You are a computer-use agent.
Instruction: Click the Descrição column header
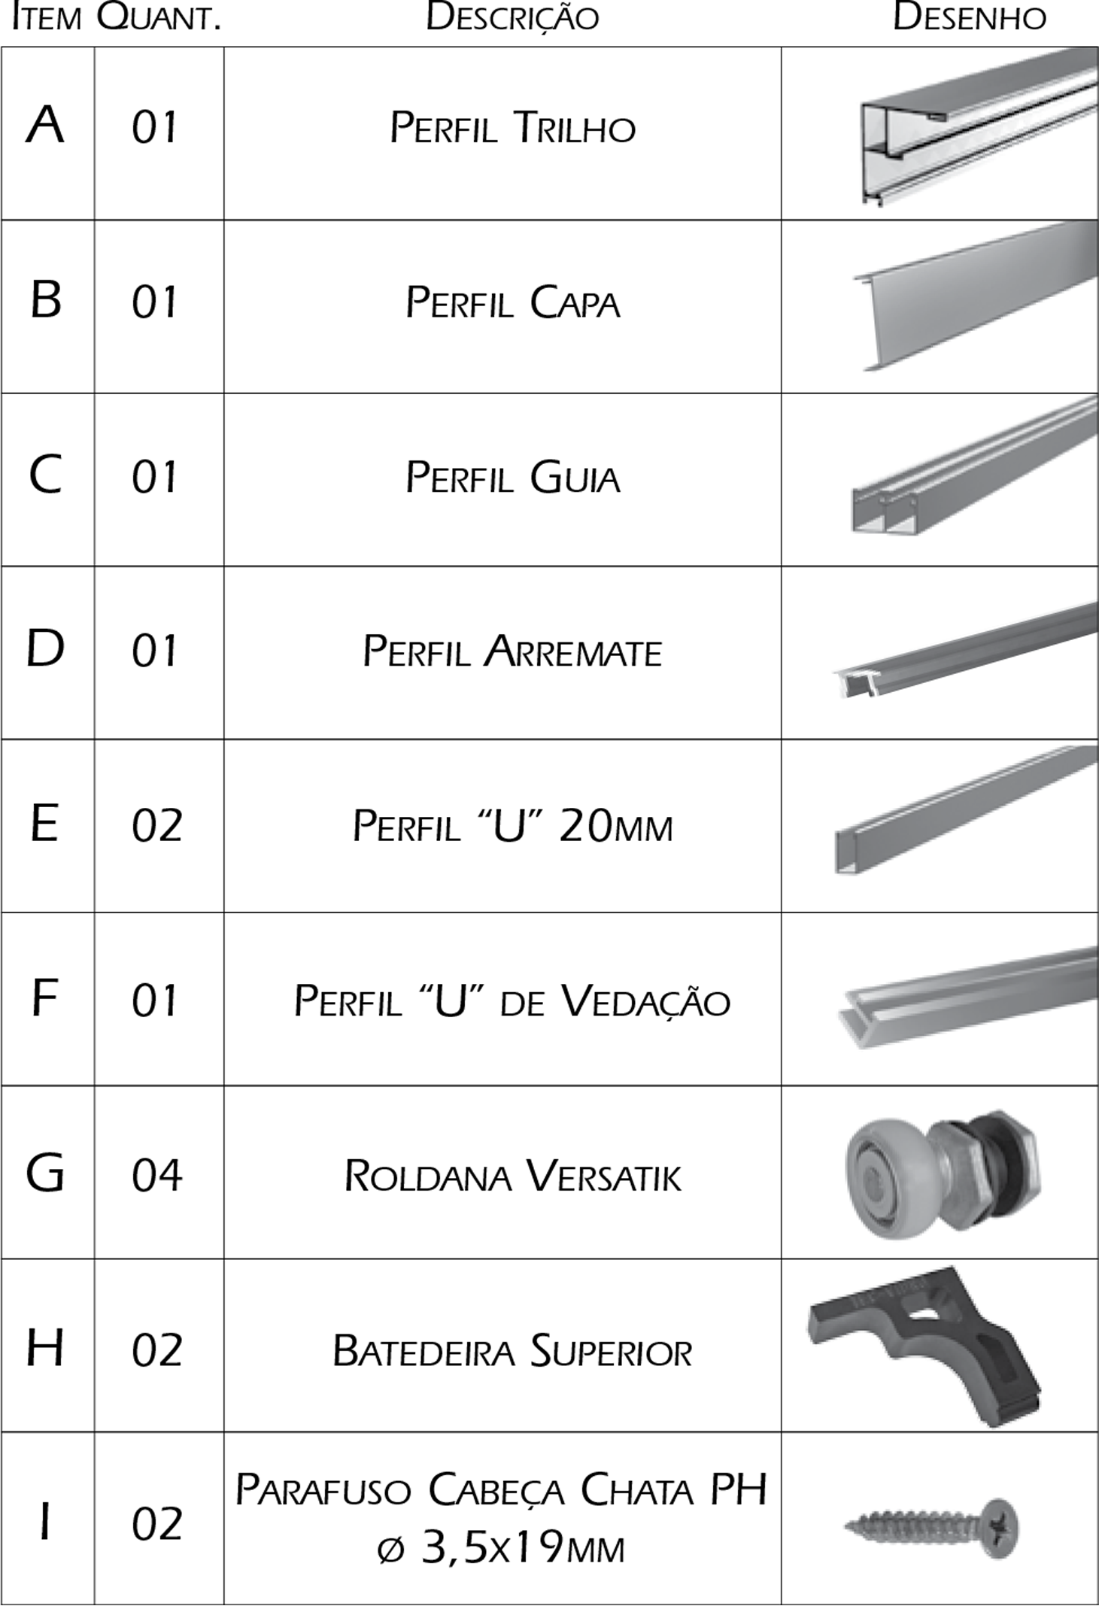coord(512,18)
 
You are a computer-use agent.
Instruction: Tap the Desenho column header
coord(969,17)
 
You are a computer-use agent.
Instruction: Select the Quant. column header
coord(159,18)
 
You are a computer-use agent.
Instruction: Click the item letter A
coord(45,125)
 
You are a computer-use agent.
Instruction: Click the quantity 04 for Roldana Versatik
coord(157,1175)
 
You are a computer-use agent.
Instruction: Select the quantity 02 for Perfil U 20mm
coord(157,826)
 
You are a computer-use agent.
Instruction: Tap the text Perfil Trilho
coord(512,128)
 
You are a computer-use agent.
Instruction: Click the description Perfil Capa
coord(512,303)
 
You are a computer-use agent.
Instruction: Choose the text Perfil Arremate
coord(512,651)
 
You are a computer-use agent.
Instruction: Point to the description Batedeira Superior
coord(512,1351)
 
